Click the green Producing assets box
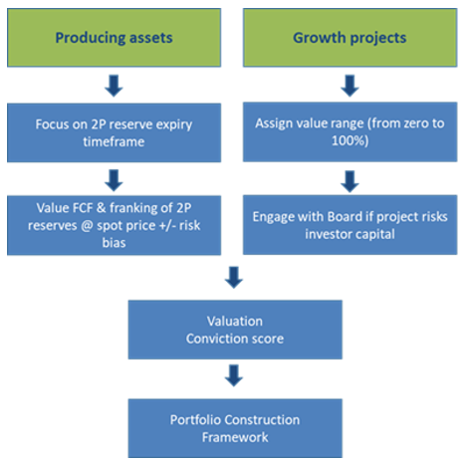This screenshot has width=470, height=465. click(x=114, y=38)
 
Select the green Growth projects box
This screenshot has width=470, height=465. click(x=350, y=38)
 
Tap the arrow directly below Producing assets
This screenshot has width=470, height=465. click(x=114, y=86)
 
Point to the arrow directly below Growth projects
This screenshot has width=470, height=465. click(x=350, y=86)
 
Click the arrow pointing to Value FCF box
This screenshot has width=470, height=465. click(x=114, y=180)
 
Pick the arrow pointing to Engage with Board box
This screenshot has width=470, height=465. click(x=350, y=181)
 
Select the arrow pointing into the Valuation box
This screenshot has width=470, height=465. click(x=234, y=277)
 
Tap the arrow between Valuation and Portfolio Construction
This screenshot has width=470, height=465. click(x=234, y=375)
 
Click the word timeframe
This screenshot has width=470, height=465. click(x=114, y=141)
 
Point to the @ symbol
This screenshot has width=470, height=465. click(x=87, y=226)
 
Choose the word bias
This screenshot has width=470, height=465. click(x=114, y=243)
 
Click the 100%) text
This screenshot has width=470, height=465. click(x=350, y=140)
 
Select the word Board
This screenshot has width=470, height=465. click(x=345, y=216)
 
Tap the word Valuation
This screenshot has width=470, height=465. click(x=235, y=321)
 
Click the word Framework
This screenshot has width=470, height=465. click(x=235, y=437)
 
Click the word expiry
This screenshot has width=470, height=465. click(x=174, y=124)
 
